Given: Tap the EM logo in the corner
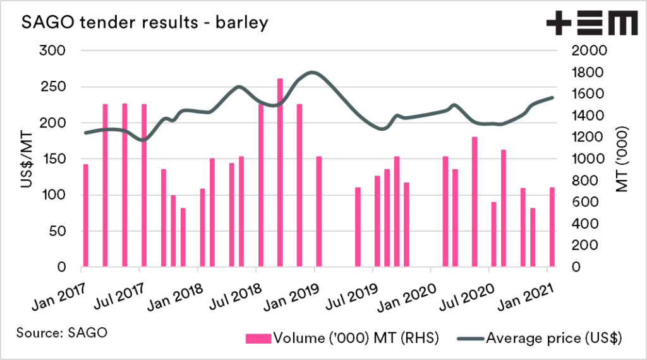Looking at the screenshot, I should tap(591, 24).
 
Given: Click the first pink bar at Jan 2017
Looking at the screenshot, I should tap(85, 215).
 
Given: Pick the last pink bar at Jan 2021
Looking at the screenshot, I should tap(552, 227).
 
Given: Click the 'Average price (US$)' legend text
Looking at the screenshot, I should tap(554, 339).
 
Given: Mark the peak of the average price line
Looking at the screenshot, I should tap(313, 73).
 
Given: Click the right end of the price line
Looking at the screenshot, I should tap(552, 97).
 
